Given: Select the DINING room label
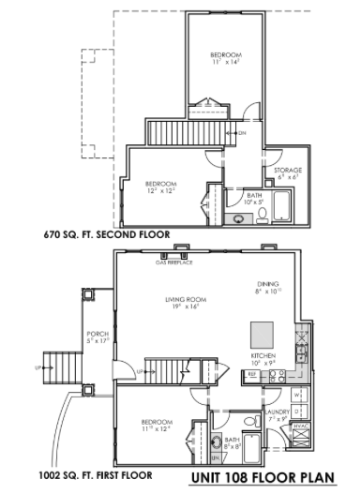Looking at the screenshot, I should (x=269, y=286).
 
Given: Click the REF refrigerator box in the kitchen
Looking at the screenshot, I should (x=252, y=375).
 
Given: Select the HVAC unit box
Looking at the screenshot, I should (x=301, y=428).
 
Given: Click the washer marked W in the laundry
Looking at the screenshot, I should (x=297, y=394).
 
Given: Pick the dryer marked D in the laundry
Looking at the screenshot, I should (x=297, y=411).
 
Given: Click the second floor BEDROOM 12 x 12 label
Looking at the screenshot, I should (x=163, y=187).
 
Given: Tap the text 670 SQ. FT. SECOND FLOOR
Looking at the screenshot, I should (x=105, y=236).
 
